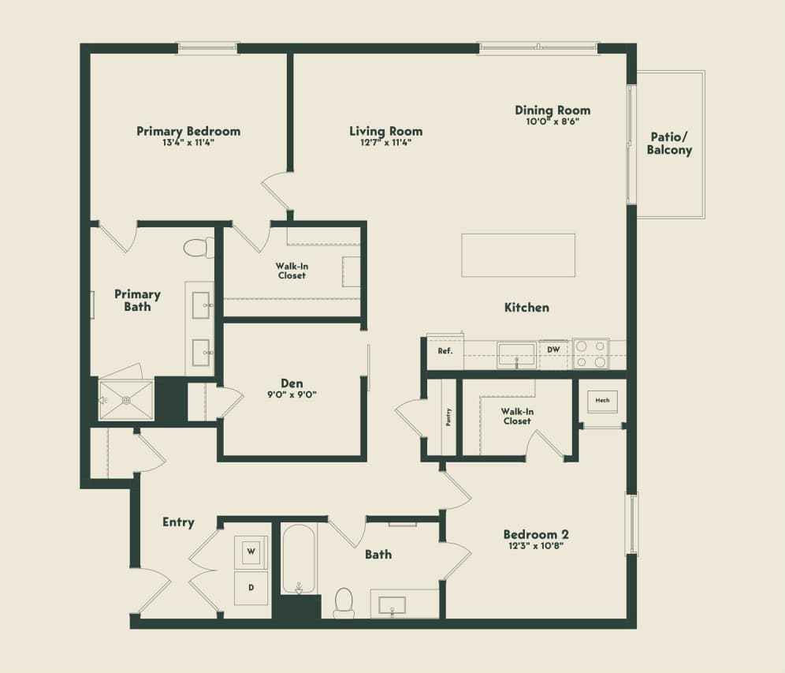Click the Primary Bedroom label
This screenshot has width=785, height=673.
188,131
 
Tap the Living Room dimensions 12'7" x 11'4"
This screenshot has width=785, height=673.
385,143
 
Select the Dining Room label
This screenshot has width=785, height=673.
552,110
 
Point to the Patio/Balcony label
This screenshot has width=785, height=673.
669,144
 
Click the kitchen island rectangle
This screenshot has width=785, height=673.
518,255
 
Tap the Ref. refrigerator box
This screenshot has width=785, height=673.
445,351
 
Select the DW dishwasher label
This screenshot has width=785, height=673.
553,349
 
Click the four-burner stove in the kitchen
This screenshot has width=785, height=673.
590,353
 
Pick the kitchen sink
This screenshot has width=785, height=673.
516,354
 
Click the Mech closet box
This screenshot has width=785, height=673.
602,401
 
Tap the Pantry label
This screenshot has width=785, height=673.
448,417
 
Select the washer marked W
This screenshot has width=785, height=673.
251,550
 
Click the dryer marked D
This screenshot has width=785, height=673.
251,587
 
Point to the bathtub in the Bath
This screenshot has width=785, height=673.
299,559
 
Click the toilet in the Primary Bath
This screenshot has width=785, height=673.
198,248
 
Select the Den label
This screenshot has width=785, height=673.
292,383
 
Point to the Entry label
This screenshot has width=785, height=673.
178,522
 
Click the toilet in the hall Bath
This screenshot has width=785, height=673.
344,602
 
